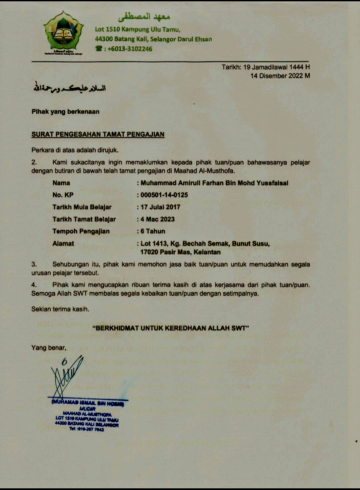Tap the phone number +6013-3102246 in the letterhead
[x=130, y=49]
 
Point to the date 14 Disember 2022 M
[x=280, y=76]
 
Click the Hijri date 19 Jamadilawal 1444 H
[x=276, y=67]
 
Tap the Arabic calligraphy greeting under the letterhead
[x=69, y=88]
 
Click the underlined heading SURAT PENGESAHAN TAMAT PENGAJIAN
[x=98, y=134]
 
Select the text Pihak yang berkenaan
[x=65, y=112]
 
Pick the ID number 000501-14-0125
[x=164, y=195]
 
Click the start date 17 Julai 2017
[x=160, y=207]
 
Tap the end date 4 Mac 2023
[x=158, y=219]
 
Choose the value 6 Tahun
[x=153, y=231]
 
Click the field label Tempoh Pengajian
[x=81, y=231]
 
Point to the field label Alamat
[x=63, y=244]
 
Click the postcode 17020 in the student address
[x=149, y=252]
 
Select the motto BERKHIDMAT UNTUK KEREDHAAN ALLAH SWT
[x=171, y=328]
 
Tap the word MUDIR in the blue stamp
[x=87, y=409]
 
